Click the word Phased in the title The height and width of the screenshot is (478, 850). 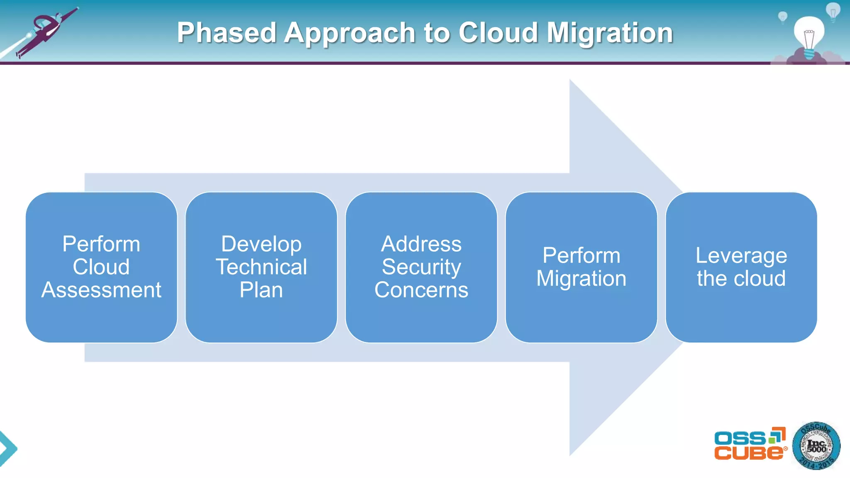pos(227,33)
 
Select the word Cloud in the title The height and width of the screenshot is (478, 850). pos(498,33)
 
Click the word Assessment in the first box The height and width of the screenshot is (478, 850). pos(101,290)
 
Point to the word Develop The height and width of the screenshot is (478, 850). pos(261,244)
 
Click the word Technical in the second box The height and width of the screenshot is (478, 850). pos(261,267)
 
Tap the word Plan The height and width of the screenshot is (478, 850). pos(261,290)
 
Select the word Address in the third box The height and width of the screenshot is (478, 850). pos(421,244)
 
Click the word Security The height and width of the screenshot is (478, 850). pos(421,267)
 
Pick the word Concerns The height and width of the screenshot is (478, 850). pos(421,290)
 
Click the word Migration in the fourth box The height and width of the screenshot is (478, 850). pos(581,278)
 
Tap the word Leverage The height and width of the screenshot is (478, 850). pos(741,256)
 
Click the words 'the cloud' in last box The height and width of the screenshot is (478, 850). pos(741,278)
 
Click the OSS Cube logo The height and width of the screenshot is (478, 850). pos(750,444)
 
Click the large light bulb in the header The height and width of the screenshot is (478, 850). pos(808,35)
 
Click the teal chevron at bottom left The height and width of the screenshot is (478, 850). pos(7,449)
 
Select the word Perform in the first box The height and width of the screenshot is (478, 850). pos(101,244)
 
